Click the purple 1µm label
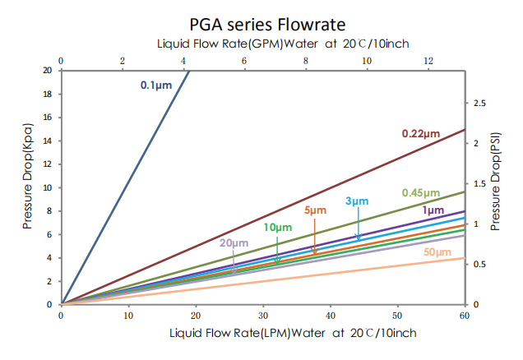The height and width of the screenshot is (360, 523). point(433,210)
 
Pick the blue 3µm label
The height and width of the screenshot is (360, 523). point(357,201)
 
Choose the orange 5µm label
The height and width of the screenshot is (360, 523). point(316,210)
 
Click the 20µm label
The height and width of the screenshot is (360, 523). point(233,243)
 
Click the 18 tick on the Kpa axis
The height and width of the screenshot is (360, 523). point(48,94)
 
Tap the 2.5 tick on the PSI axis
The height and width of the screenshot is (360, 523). point(480,103)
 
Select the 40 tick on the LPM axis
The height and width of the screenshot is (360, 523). point(330,315)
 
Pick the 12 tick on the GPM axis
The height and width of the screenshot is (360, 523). point(428,61)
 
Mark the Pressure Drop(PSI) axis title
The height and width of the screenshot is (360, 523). point(495,181)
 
